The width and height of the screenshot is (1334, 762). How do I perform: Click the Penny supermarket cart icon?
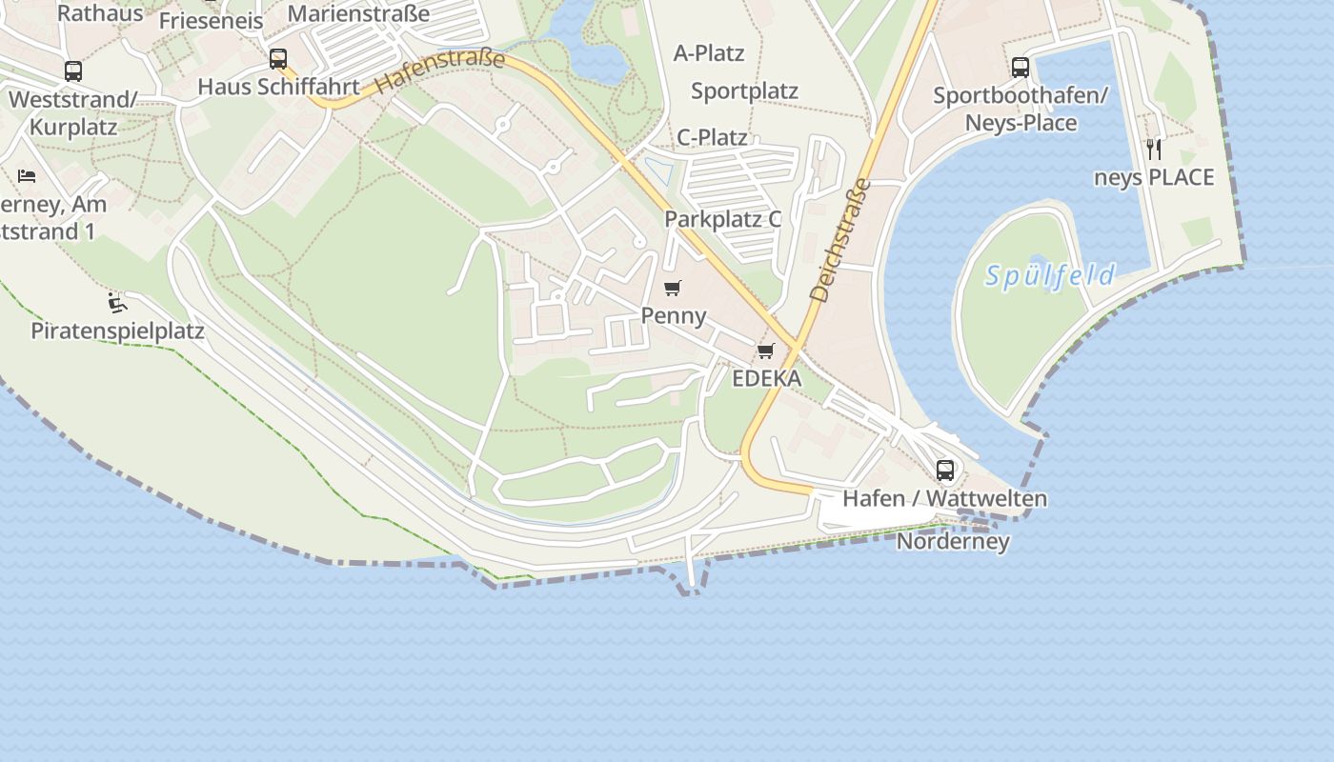(673, 289)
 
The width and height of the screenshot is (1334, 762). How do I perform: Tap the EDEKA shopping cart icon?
(765, 351)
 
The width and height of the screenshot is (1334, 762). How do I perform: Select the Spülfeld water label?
(1049, 276)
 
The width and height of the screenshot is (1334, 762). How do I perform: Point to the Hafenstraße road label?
(439, 72)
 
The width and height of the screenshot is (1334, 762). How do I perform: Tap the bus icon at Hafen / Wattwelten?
(944, 470)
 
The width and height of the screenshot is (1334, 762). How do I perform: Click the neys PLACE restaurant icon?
(1154, 150)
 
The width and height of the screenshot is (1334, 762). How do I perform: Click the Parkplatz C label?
(722, 219)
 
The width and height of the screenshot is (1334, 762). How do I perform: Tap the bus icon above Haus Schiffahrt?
(277, 59)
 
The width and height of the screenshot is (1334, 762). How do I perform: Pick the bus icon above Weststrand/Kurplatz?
(73, 71)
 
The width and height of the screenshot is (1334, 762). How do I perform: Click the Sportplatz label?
(744, 91)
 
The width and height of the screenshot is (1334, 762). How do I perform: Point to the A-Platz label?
(709, 53)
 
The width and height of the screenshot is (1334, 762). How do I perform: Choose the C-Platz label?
(712, 137)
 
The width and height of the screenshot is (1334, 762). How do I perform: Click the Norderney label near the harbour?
(952, 542)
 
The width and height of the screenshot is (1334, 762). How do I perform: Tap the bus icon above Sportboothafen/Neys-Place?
(1020, 68)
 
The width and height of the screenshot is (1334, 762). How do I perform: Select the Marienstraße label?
(358, 13)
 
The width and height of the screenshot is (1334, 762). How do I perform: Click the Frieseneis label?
(211, 21)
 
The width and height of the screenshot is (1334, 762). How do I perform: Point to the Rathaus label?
(100, 13)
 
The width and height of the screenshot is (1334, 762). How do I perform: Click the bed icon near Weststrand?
(27, 176)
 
